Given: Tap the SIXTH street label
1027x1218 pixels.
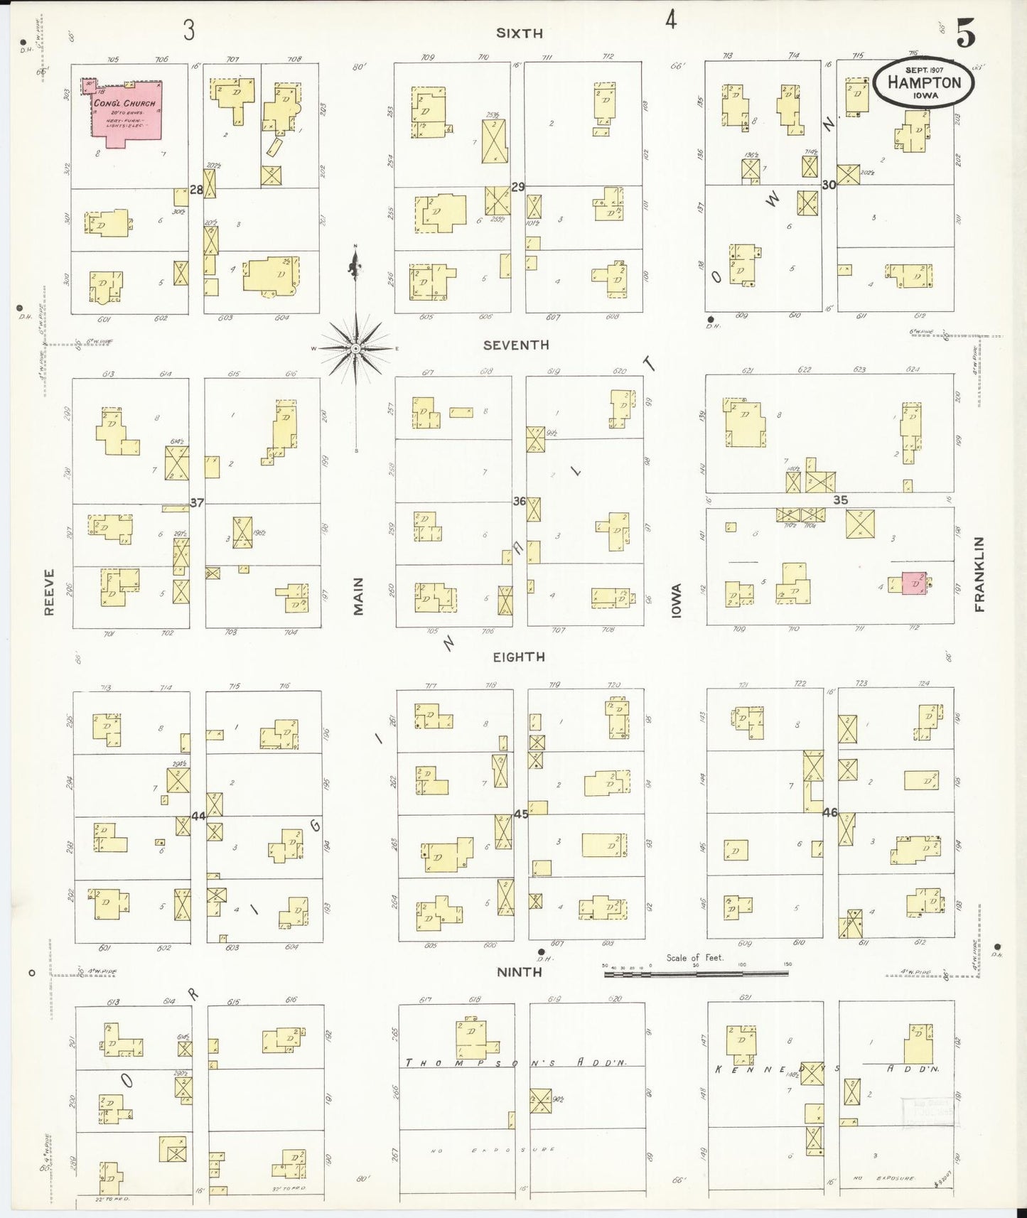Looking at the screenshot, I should (x=519, y=33).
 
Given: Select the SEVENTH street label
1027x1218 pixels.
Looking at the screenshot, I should (x=516, y=345).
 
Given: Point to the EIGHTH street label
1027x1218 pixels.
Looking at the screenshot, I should (x=519, y=657).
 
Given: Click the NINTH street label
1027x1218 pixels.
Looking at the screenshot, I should (x=520, y=971).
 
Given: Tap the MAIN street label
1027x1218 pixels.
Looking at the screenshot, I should (x=358, y=595).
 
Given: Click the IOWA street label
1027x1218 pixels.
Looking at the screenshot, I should (x=676, y=600).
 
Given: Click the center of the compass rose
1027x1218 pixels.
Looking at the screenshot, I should (x=355, y=348).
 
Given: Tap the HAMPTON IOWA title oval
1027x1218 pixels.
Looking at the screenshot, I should (x=923, y=82).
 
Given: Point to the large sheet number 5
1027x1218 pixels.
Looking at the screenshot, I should (x=964, y=34).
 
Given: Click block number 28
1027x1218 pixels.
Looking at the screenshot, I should (x=196, y=190).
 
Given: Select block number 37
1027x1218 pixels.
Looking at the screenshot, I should (x=197, y=502).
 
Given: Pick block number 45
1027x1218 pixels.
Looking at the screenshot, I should (x=520, y=814).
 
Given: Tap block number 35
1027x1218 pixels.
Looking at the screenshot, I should (x=840, y=500).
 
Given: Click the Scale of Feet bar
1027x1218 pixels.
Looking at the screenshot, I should (x=696, y=974).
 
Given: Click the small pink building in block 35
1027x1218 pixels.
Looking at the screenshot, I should (x=915, y=583).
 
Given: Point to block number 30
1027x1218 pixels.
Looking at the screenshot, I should (x=829, y=184).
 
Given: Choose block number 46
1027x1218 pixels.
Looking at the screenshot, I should (x=829, y=812).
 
